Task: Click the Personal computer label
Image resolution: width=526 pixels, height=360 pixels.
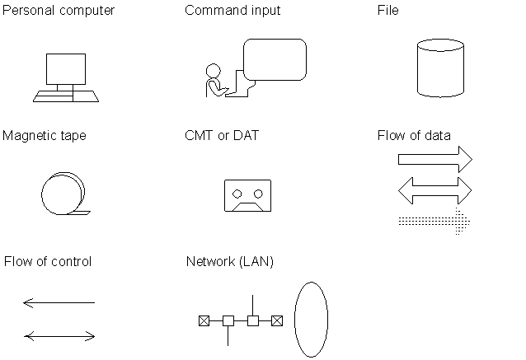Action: pyautogui.click(x=59, y=11)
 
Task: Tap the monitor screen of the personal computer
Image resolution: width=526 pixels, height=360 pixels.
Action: pyautogui.click(x=66, y=69)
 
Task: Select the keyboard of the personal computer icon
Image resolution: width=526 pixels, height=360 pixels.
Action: pyautogui.click(x=66, y=96)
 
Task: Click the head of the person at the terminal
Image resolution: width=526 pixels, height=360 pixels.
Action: pyautogui.click(x=214, y=71)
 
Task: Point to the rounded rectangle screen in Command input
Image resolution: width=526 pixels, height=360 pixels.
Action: pyautogui.click(x=275, y=59)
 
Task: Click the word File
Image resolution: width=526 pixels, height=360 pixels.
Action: pyautogui.click(x=388, y=10)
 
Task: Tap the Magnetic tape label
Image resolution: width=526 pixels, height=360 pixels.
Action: pyautogui.click(x=45, y=136)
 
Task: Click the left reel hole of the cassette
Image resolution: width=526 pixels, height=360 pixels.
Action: pyautogui.click(x=237, y=194)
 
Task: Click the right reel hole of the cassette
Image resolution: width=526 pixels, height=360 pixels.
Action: pyautogui.click(x=258, y=194)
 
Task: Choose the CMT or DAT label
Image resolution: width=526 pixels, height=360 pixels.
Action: pyautogui.click(x=222, y=135)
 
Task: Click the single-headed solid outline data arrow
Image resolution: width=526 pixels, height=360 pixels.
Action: pyautogui.click(x=435, y=160)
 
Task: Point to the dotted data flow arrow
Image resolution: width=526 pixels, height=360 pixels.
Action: pyautogui.click(x=434, y=222)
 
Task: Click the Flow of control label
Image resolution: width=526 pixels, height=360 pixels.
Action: pyautogui.click(x=48, y=261)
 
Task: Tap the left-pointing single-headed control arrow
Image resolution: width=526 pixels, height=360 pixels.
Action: pyautogui.click(x=59, y=302)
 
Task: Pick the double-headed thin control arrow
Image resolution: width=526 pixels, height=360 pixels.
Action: pyautogui.click(x=59, y=336)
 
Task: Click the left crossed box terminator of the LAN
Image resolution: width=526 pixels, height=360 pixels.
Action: pyautogui.click(x=204, y=320)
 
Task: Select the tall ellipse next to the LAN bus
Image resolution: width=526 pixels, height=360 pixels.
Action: pyautogui.click(x=294, y=320)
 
